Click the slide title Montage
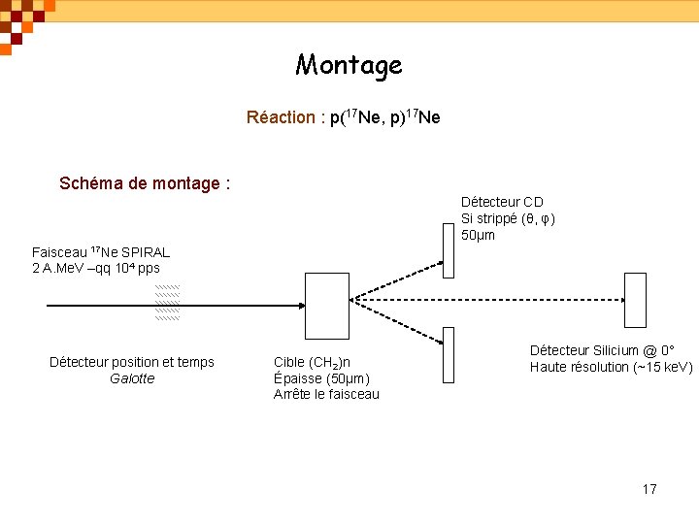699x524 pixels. pyautogui.click(x=349, y=65)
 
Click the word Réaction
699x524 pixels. pyautogui.click(x=280, y=117)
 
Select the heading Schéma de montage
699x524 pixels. pyautogui.click(x=144, y=182)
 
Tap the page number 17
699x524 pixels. pyautogui.click(x=649, y=488)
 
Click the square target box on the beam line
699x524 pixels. pyautogui.click(x=326, y=306)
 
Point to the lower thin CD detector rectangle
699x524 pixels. pyautogui.click(x=448, y=353)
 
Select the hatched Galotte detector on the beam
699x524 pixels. pyautogui.click(x=168, y=304)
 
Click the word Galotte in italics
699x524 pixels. pyautogui.click(x=132, y=378)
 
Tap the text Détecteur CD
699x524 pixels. pyautogui.click(x=502, y=202)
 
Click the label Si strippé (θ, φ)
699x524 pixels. pyautogui.click(x=508, y=218)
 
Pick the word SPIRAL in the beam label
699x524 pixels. pyautogui.click(x=145, y=252)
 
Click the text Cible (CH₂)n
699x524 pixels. pyautogui.click(x=313, y=362)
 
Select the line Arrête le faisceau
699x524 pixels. pyautogui.click(x=326, y=394)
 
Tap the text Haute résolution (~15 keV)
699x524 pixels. pyautogui.click(x=611, y=367)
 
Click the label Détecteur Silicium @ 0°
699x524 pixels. pyautogui.click(x=602, y=349)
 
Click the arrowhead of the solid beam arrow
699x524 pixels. pyautogui.click(x=299, y=306)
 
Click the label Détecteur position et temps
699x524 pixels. pyautogui.click(x=132, y=362)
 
